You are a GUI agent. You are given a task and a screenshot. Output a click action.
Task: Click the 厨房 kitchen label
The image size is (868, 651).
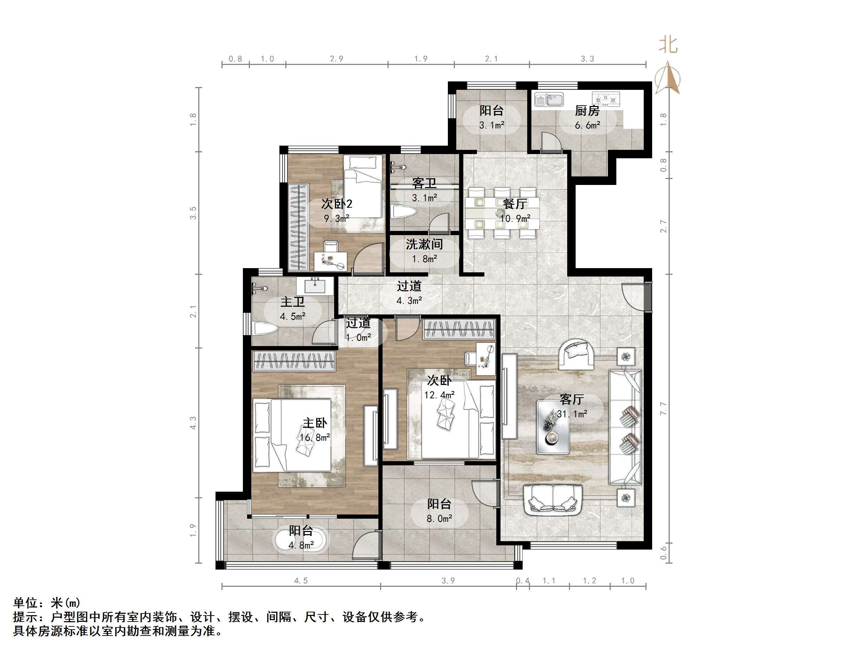[587, 111]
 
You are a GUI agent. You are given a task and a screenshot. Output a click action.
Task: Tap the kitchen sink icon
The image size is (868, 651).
[549, 99]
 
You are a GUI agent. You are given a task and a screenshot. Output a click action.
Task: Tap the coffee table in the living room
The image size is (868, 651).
[553, 427]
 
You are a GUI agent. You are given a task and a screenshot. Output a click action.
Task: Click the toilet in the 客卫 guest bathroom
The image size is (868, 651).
[403, 212]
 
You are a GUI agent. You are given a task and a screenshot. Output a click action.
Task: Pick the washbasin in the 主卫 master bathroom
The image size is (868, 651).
[315, 285]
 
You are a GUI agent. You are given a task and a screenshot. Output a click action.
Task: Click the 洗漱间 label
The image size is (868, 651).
[424, 245]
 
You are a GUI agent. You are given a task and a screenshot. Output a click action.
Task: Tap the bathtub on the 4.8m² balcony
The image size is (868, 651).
[301, 541]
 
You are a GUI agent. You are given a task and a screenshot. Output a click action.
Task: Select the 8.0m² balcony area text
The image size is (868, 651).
[439, 519]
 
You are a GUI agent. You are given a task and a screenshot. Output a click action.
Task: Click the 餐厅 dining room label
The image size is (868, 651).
[515, 204]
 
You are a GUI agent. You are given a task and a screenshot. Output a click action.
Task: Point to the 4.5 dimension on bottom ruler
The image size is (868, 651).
[301, 581]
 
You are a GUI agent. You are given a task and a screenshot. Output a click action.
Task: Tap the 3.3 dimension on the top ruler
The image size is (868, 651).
[587, 59]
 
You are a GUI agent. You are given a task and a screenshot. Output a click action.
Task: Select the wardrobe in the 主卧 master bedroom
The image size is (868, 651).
[294, 361]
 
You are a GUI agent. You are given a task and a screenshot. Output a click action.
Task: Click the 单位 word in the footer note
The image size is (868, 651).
[26, 603]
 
